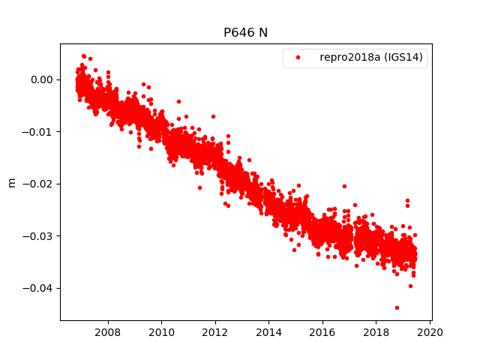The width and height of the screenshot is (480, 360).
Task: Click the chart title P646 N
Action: click(245, 33)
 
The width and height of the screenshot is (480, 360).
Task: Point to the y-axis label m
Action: click(11, 182)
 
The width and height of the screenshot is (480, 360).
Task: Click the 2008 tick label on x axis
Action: click(108, 331)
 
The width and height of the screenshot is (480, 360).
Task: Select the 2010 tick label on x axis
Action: click(161, 331)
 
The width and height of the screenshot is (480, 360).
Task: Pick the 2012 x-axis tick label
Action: click(215, 331)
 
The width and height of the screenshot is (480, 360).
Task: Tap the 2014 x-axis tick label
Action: click(268, 331)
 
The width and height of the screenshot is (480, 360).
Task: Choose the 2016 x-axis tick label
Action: click(322, 331)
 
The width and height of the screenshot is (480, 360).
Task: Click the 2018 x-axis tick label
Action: click(376, 331)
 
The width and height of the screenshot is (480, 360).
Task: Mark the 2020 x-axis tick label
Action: click(430, 331)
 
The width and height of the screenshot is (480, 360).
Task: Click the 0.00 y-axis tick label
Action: click(41, 79)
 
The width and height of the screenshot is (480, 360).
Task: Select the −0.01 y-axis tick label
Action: click(38, 132)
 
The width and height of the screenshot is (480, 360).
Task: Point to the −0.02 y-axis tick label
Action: click(38, 184)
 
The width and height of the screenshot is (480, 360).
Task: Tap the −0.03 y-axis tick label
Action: click(38, 236)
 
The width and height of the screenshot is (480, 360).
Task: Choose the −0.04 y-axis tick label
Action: click(38, 288)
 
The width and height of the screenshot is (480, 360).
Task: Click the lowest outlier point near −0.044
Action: click(397, 307)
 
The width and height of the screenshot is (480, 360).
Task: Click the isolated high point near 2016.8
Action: click(344, 186)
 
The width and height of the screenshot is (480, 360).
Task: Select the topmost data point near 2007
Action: click(83, 55)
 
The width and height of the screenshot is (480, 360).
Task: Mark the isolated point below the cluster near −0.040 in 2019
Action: click(410, 286)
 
